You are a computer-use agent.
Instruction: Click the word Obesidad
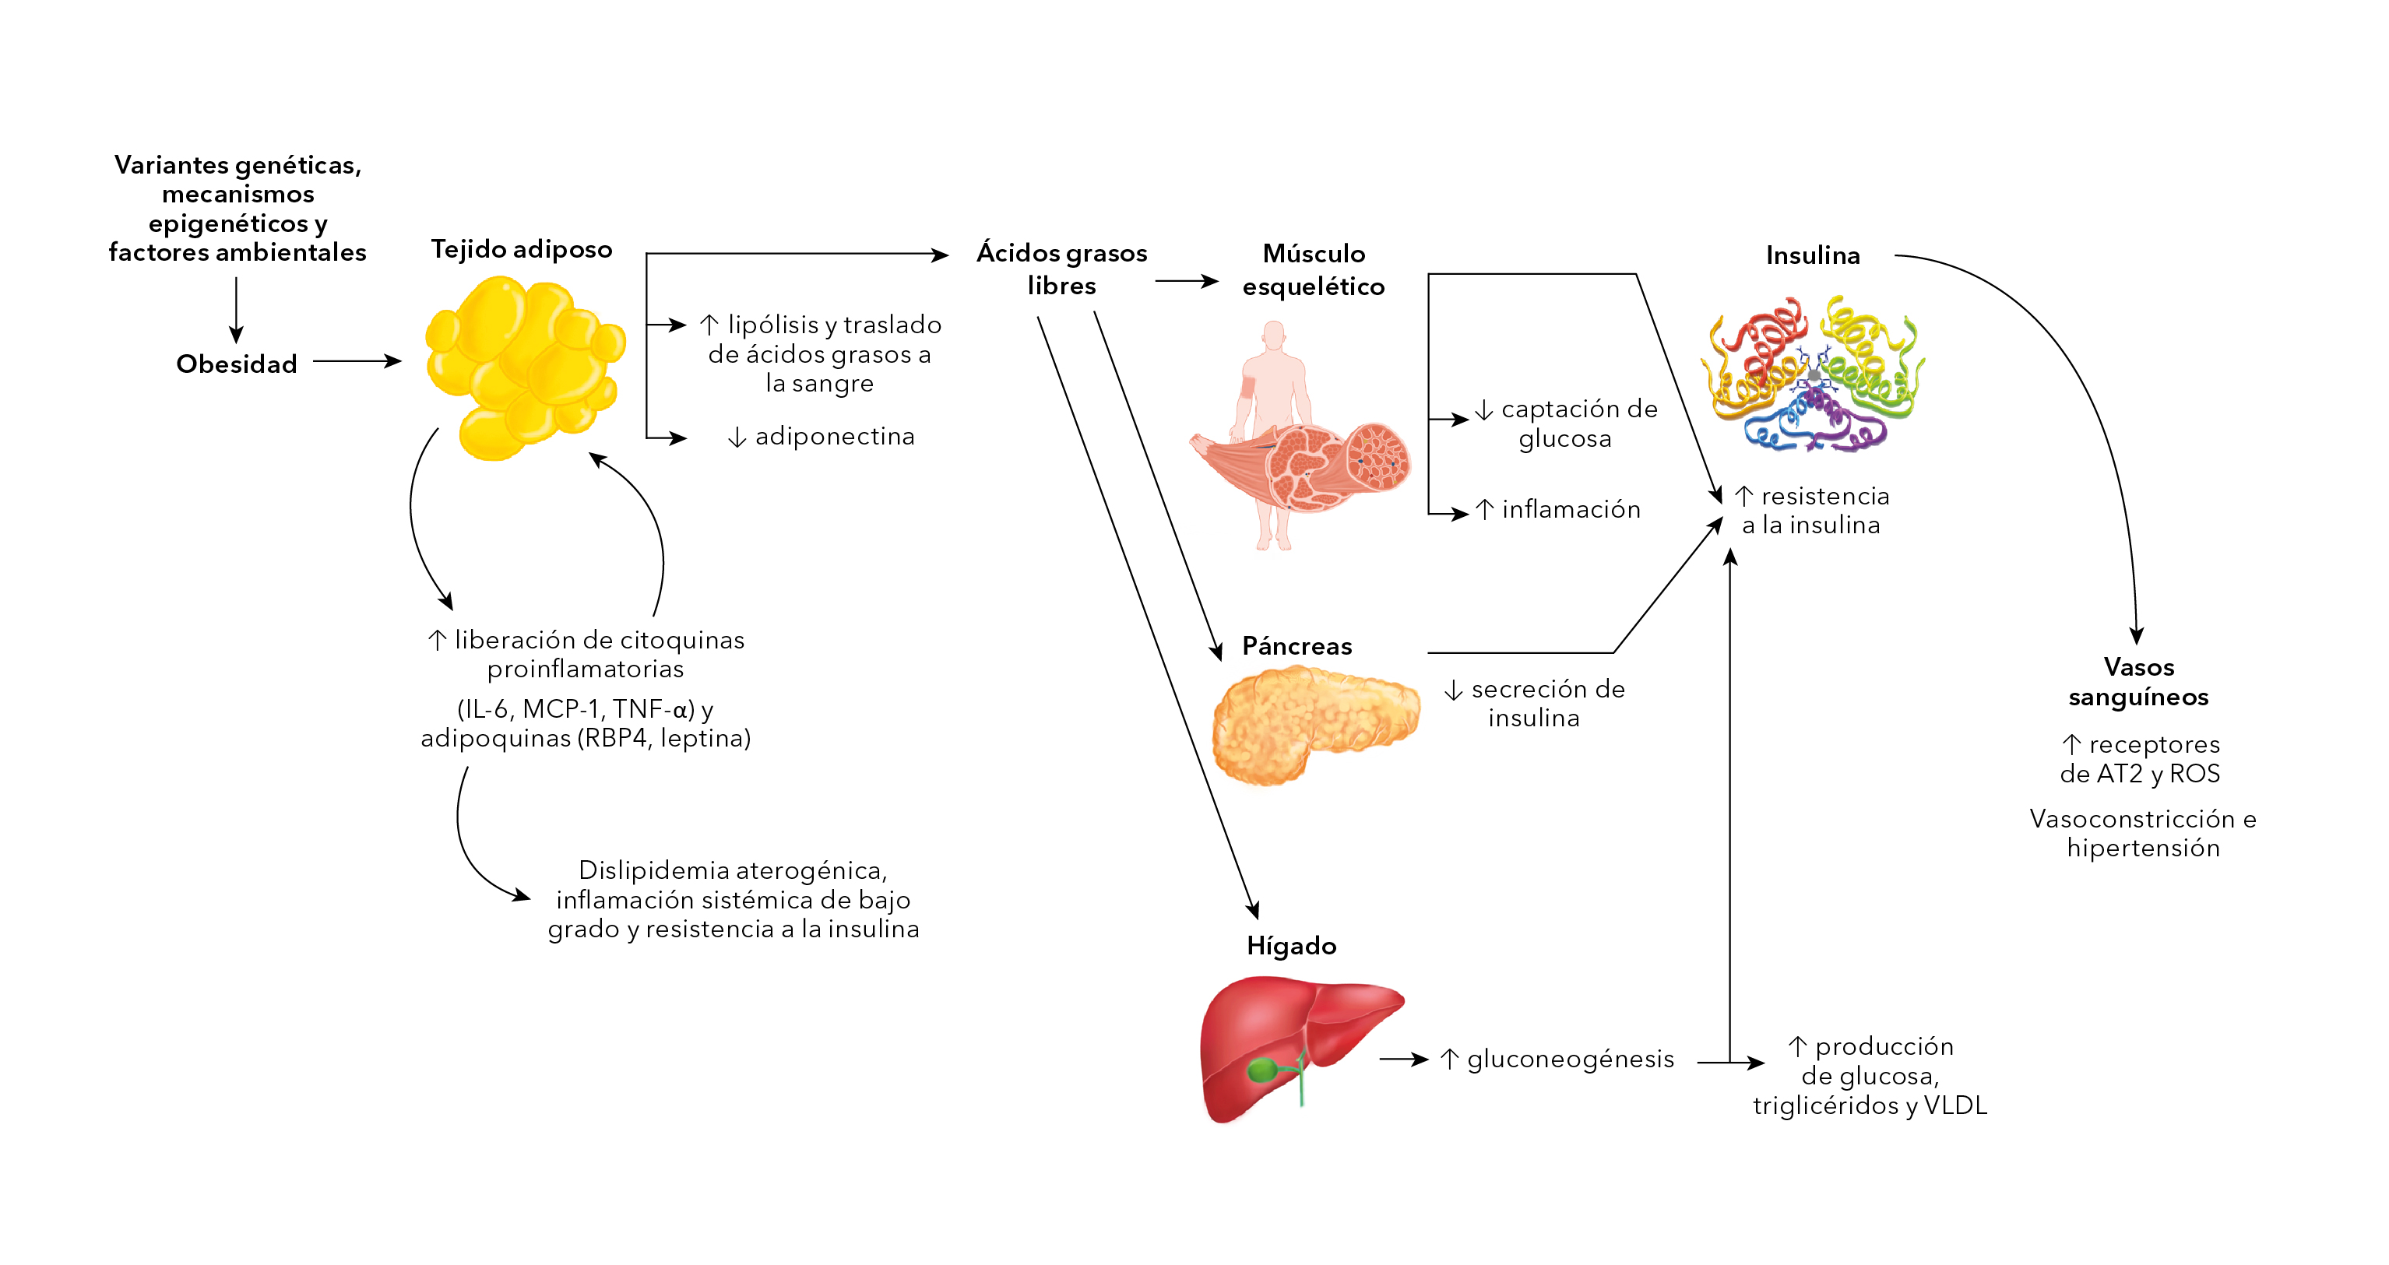coord(237,364)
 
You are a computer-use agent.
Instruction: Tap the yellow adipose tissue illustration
coord(524,367)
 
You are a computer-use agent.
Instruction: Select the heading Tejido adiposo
coord(521,248)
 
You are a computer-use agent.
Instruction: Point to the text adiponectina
coord(834,436)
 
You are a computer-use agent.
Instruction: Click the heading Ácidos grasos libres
coord(1062,269)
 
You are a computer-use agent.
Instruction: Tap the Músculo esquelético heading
coord(1313,270)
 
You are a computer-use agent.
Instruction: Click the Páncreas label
coord(1297,645)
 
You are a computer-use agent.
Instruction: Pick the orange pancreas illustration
coord(1312,723)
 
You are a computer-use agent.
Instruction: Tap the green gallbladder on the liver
coord(1262,1070)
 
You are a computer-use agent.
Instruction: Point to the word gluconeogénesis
coord(1570,1059)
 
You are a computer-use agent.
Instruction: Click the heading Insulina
coord(1812,255)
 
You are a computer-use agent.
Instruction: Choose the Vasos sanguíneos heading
coord(2138,682)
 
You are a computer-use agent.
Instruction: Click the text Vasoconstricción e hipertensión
coord(2142,833)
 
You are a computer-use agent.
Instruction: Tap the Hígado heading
coord(1291,946)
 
